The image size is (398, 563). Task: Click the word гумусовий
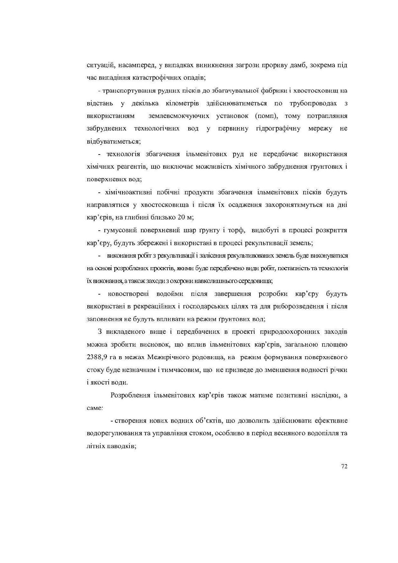118,230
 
